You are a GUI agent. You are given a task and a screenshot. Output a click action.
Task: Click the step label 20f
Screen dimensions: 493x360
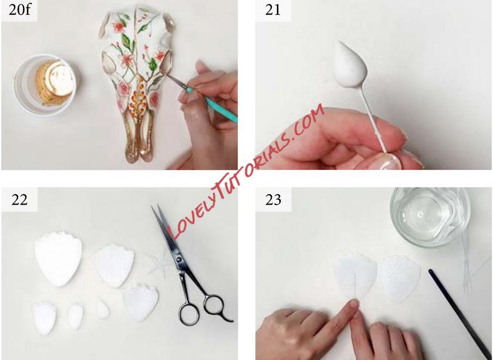pyautogui.click(x=19, y=10)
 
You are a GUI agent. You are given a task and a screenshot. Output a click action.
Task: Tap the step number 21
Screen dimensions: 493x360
pyautogui.click(x=272, y=10)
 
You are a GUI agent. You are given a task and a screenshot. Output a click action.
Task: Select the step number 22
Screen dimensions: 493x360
pyautogui.click(x=19, y=199)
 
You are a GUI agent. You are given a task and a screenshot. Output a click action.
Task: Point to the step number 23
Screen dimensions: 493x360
pyautogui.click(x=273, y=199)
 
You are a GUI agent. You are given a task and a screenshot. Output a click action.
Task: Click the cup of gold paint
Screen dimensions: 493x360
pyautogui.click(x=46, y=85)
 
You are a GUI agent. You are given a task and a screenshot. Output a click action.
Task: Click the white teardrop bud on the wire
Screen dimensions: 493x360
pyautogui.click(x=349, y=64)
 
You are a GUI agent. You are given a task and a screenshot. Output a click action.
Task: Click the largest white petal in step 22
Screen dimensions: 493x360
pyautogui.click(x=58, y=259)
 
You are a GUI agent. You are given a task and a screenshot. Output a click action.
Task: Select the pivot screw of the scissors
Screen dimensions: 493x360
pyautogui.click(x=179, y=260)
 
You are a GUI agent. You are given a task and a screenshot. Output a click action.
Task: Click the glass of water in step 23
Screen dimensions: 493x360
pyautogui.click(x=430, y=217)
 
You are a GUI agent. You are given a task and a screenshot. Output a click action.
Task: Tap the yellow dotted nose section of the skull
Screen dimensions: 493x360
pyautogui.click(x=139, y=99)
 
